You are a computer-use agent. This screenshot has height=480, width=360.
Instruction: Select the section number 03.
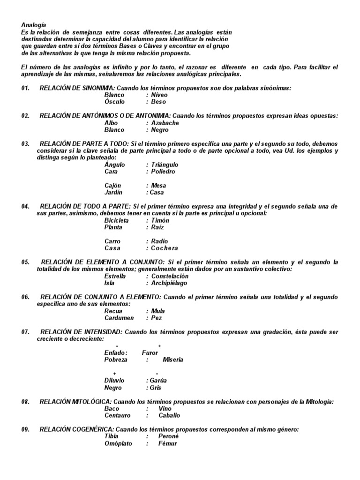click(25, 143)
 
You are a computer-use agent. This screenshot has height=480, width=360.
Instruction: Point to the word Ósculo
click(114, 102)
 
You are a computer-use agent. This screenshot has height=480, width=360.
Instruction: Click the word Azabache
click(165, 123)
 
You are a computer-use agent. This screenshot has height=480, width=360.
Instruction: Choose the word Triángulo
click(165, 165)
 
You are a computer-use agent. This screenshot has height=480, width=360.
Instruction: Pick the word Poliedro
click(163, 172)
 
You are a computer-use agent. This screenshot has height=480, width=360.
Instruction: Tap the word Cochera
click(165, 248)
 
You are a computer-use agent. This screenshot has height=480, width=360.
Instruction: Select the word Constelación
click(170, 277)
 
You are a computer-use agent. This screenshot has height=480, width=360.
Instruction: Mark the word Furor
click(150, 352)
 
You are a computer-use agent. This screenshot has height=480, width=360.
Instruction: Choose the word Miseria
click(173, 360)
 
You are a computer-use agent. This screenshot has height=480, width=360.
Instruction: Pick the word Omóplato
click(118, 443)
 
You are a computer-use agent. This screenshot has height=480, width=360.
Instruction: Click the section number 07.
click(25, 332)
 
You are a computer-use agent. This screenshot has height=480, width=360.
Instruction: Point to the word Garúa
click(158, 381)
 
